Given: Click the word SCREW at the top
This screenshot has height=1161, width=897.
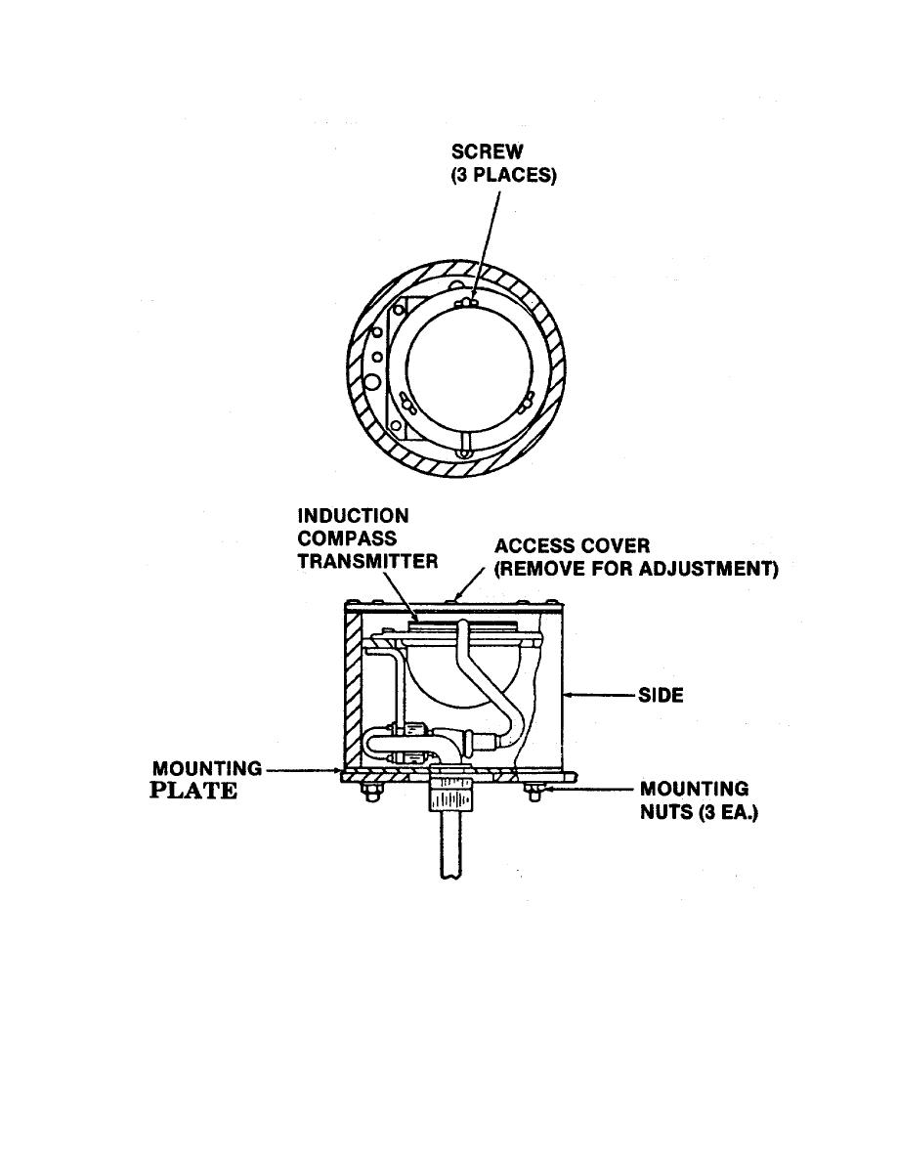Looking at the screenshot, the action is pyautogui.click(x=487, y=151).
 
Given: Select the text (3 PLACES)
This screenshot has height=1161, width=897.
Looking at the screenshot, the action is pyautogui.click(x=503, y=176).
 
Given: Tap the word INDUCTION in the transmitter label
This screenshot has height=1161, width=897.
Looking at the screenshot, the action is pyautogui.click(x=353, y=516).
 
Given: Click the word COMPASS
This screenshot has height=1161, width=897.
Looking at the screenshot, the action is pyautogui.click(x=347, y=538).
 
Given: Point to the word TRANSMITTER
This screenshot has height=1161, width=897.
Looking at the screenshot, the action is pyautogui.click(x=367, y=561).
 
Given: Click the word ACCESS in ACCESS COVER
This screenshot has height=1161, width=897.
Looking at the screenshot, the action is pyautogui.click(x=533, y=546).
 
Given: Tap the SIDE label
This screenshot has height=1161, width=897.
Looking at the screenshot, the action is pyautogui.click(x=661, y=695).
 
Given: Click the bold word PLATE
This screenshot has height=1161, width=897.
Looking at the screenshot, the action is pyautogui.click(x=193, y=791).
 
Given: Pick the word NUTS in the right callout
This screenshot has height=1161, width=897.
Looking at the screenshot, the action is pyautogui.click(x=666, y=812).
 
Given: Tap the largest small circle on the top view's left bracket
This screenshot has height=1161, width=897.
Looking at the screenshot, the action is pyautogui.click(x=372, y=382).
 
